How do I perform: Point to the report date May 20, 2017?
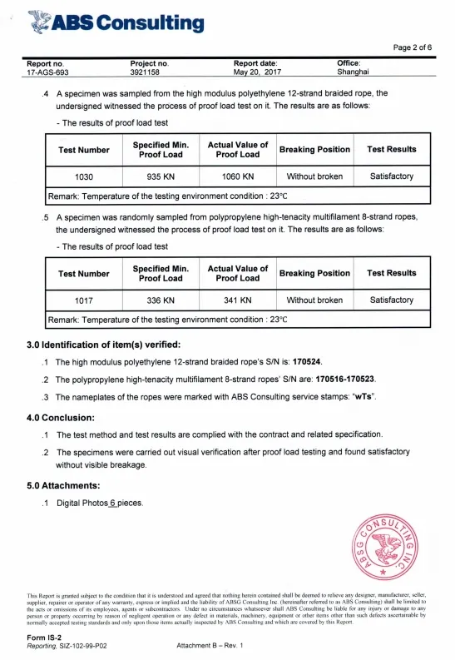(259, 72)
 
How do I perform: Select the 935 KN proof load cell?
(161, 176)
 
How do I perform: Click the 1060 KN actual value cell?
(238, 176)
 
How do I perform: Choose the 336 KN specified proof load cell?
(161, 300)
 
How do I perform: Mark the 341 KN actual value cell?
(238, 300)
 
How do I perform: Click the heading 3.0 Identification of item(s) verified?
(104, 345)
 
